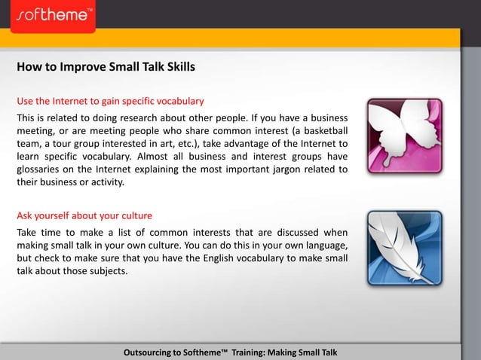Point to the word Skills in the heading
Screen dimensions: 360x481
point(179,67)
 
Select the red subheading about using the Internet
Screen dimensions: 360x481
point(110,100)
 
